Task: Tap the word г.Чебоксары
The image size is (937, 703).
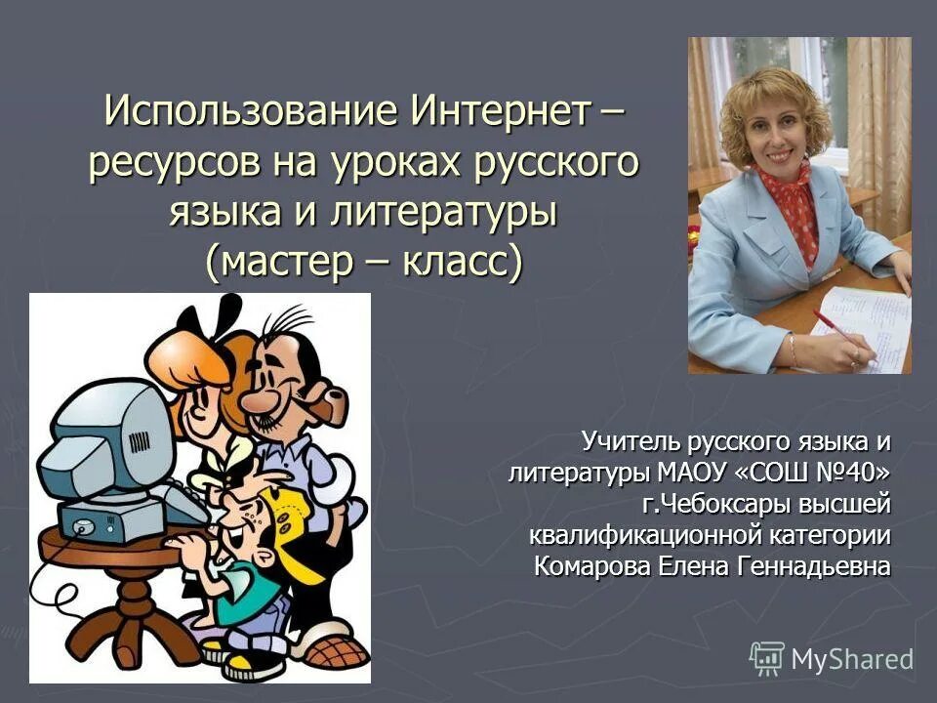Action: [x=716, y=504]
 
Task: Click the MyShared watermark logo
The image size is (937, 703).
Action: [x=832, y=658]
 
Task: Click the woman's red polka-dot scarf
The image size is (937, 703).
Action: [x=795, y=210]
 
